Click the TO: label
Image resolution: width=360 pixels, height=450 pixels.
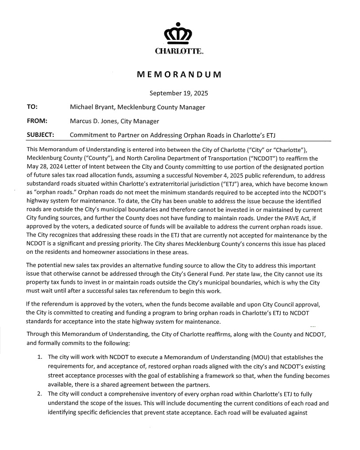point(32,107)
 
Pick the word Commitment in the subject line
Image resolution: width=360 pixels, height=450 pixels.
point(90,135)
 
